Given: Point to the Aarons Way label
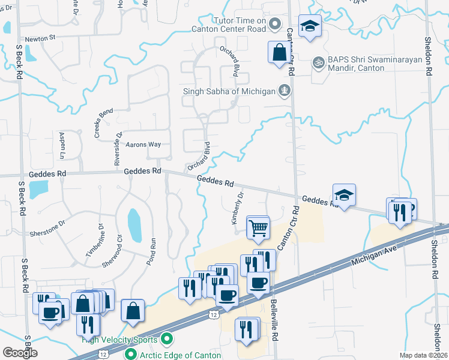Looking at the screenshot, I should [x=143, y=145].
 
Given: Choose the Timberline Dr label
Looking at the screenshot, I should [x=94, y=241].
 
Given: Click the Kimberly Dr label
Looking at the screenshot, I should [x=238, y=208].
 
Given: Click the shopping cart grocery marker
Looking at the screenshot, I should [x=258, y=227].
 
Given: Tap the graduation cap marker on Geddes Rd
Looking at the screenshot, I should [x=344, y=194].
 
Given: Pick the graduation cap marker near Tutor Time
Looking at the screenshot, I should [x=310, y=26].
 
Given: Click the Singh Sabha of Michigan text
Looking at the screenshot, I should [x=229, y=91].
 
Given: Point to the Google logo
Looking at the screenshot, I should [x=20, y=353].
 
